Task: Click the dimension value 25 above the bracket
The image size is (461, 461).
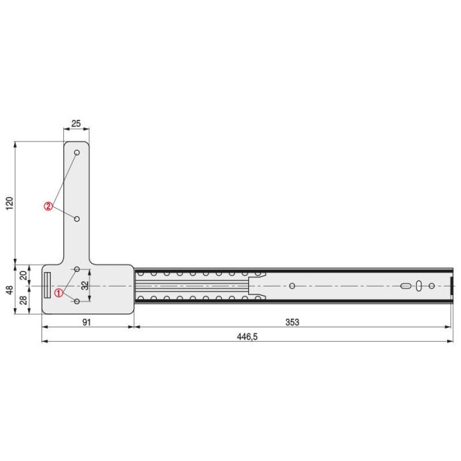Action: pos(76,124)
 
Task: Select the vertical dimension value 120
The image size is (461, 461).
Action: pos(9,203)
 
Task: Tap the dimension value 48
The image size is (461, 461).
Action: pos(9,290)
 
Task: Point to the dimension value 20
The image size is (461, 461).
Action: pos(24,275)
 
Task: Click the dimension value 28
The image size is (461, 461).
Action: pos(24,301)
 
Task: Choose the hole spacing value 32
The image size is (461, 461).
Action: pos(85,285)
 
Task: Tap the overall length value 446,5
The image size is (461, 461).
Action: pos(246,337)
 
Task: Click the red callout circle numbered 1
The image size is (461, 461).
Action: pos(59,293)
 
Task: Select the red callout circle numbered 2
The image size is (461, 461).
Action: pos(49,205)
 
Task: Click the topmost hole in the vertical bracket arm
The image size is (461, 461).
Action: pos(77,153)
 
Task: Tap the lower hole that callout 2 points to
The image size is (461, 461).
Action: pos(77,218)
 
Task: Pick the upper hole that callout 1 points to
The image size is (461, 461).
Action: pos(77,269)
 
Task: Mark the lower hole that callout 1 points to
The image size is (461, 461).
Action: pos(77,301)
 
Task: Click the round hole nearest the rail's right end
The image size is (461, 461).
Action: pos(431,285)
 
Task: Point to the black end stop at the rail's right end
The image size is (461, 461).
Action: pos(452,285)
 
